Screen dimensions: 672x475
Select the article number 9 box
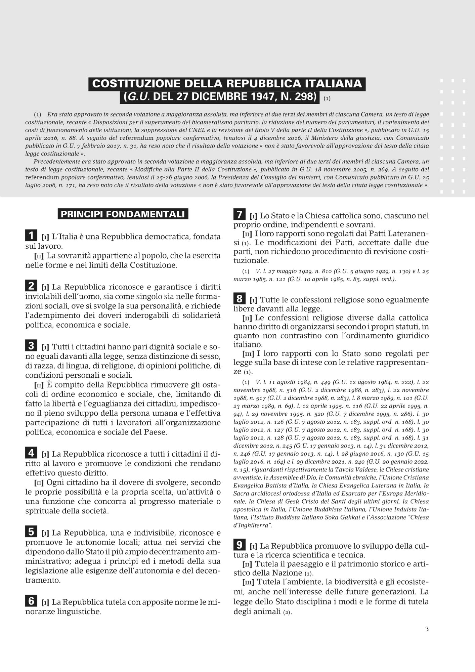(239, 546)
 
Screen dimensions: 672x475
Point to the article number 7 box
(239, 215)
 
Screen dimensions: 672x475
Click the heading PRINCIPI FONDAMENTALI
(123, 214)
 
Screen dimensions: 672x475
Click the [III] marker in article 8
(248, 354)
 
